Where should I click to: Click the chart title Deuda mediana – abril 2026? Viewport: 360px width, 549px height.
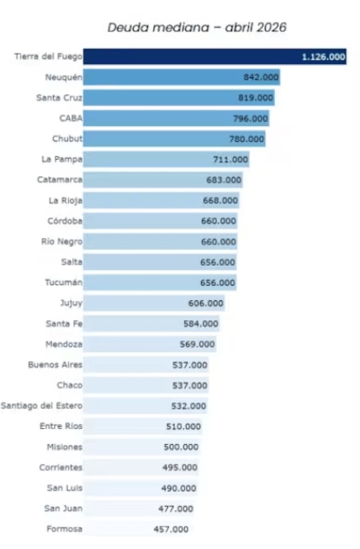(x=197, y=27)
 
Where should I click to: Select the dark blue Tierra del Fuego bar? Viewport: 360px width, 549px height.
(x=214, y=56)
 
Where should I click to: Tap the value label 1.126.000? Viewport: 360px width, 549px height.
(x=323, y=56)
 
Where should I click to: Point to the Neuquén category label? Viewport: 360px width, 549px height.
(x=64, y=77)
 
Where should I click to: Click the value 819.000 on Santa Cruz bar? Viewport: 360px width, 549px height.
(x=256, y=98)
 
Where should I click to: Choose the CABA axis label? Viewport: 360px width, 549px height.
(x=71, y=119)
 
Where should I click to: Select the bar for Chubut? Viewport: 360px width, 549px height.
(x=174, y=139)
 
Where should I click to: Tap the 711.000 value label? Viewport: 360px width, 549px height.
(x=230, y=159)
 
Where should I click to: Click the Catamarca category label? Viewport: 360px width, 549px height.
(x=60, y=180)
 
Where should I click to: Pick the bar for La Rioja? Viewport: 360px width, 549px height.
(x=161, y=200)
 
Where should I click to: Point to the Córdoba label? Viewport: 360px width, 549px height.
(x=65, y=221)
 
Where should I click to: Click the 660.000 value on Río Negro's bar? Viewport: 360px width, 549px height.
(x=219, y=241)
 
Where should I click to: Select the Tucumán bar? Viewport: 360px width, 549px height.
(x=160, y=282)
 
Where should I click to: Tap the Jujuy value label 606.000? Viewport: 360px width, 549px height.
(x=206, y=304)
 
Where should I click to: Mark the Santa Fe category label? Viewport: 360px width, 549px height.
(x=64, y=324)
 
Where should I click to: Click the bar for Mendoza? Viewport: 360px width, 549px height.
(x=150, y=344)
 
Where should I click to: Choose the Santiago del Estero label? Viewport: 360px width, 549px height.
(x=42, y=406)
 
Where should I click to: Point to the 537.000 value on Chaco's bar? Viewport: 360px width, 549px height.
(x=190, y=386)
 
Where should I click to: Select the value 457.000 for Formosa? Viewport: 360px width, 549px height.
(x=171, y=529)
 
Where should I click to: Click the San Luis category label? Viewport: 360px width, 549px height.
(x=65, y=488)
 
